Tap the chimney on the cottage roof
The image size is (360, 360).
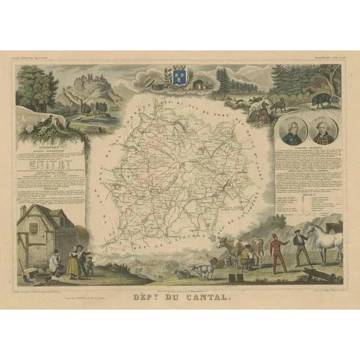(x=23, y=210)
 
